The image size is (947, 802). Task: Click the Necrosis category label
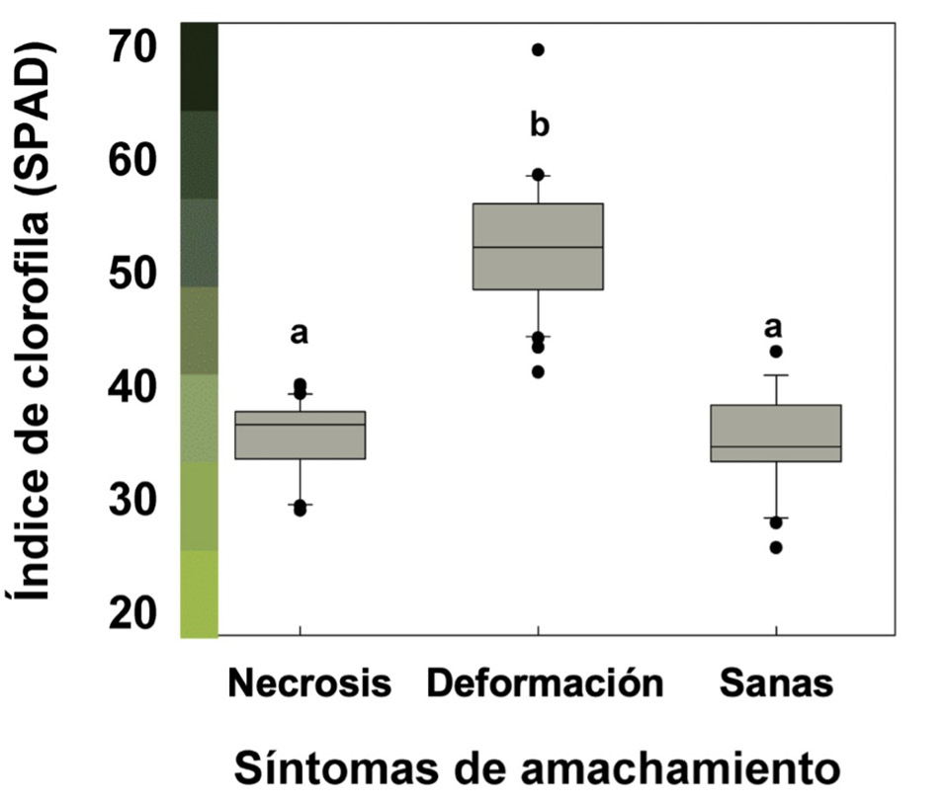pos(309,682)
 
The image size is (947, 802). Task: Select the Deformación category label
pos(544,682)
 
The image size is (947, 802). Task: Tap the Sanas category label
pos(776,682)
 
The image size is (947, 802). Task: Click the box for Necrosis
pos(300,436)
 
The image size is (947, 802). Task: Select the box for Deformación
pos(538,247)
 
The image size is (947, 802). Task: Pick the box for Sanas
pos(776,434)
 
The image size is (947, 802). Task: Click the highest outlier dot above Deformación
pos(539,49)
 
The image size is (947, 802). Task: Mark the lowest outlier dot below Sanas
pos(776,547)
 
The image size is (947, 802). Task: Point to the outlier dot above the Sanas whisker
pos(776,351)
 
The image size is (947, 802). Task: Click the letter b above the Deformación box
pos(539,125)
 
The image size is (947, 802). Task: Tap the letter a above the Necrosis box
pos(300,334)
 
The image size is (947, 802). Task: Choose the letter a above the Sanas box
pos(776,326)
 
